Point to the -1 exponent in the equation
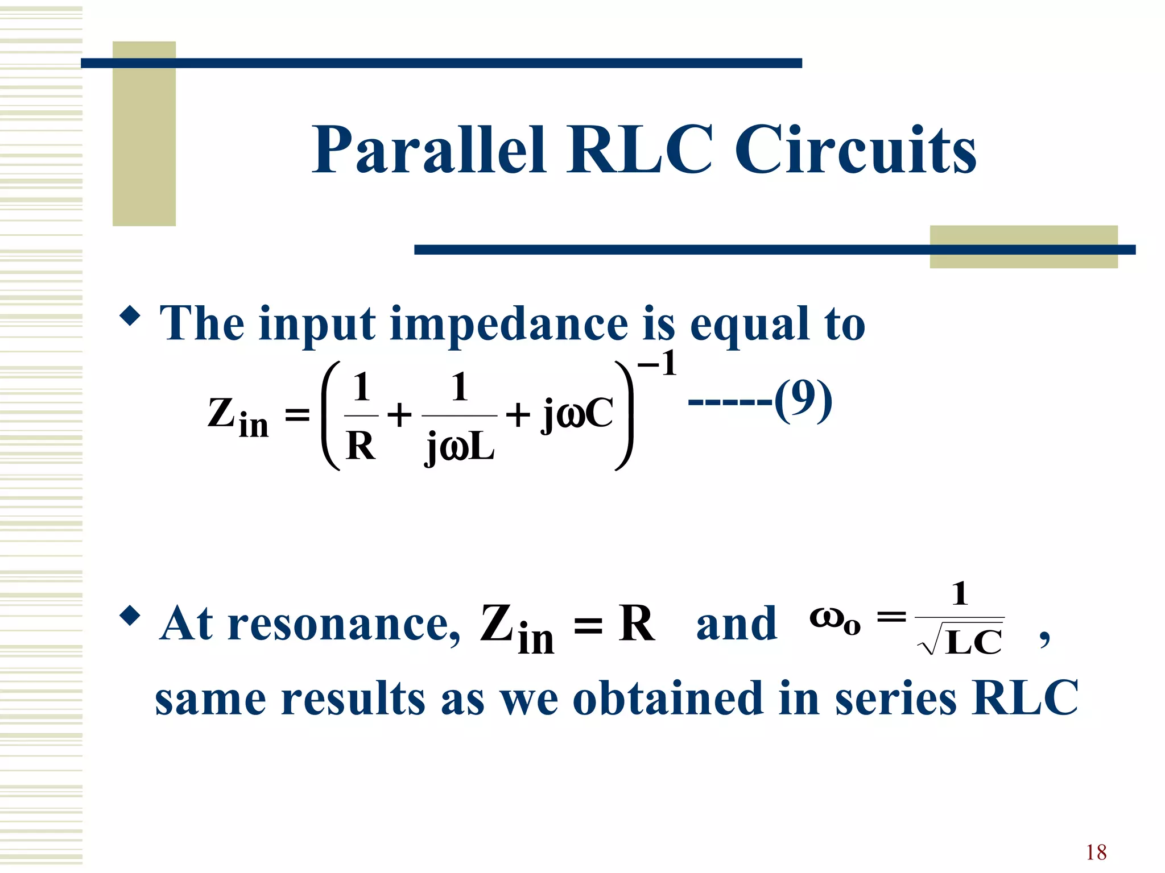pos(657,364)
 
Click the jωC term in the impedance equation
pos(577,414)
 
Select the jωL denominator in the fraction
pos(460,448)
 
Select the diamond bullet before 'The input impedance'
pos(130,315)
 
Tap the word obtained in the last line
pos(667,699)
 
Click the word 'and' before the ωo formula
pos(736,625)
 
